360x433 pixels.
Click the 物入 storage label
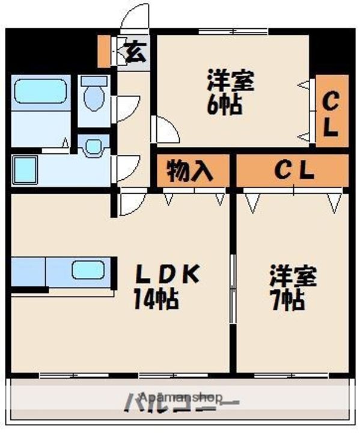pyautogui.click(x=189, y=171)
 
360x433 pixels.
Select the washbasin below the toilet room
pyautogui.click(x=93, y=146)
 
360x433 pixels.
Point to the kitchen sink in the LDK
pyautogui.click(x=88, y=271)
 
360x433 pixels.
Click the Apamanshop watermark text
pyautogui.click(x=180, y=398)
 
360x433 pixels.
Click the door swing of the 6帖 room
pyautogui.click(x=165, y=129)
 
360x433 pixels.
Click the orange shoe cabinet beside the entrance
pyautogui.click(x=103, y=52)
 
